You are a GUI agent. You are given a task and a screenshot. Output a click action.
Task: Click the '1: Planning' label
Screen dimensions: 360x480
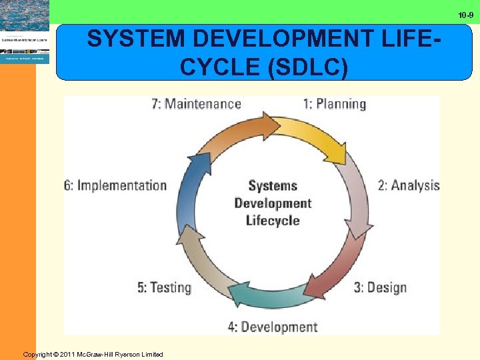point(334,104)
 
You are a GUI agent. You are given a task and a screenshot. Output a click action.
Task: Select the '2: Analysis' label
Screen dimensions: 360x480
point(409,185)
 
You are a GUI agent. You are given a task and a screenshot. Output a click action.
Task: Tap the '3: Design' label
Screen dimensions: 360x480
point(379,287)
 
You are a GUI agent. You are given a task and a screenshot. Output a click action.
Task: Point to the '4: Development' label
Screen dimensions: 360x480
point(272,327)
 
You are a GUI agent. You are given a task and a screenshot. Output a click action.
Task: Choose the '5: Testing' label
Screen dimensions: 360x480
point(164,287)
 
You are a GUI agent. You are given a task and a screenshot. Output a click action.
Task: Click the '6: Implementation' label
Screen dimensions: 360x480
point(115,185)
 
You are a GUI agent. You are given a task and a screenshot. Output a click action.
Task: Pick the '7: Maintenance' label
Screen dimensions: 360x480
point(196,104)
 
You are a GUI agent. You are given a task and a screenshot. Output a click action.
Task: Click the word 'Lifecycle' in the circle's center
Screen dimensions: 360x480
point(273,221)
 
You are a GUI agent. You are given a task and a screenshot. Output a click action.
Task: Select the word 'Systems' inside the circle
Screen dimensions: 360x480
point(273,186)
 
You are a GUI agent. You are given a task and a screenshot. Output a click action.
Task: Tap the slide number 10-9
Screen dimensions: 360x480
point(465,15)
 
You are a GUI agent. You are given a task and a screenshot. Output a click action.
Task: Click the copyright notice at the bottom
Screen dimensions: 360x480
point(93,354)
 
